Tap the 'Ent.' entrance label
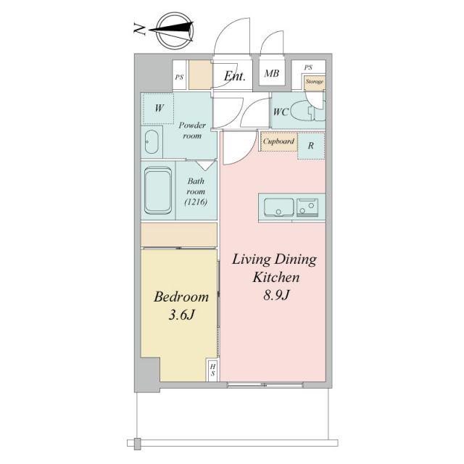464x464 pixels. click(x=235, y=76)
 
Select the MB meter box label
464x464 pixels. click(x=272, y=73)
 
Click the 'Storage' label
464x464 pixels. click(x=315, y=81)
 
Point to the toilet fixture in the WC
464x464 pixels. click(x=307, y=112)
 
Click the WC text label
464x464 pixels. click(x=281, y=112)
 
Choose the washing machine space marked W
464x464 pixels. click(x=159, y=108)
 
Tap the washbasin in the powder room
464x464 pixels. click(x=152, y=142)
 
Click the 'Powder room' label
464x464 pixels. click(x=192, y=130)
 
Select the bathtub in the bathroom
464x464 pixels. click(x=158, y=190)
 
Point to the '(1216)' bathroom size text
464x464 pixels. click(x=196, y=202)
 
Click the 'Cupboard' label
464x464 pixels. click(x=278, y=141)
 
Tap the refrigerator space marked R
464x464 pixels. click(x=311, y=146)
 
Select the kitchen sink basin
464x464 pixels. click(x=278, y=207)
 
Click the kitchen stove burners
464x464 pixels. click(x=307, y=207)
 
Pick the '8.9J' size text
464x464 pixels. click(x=275, y=295)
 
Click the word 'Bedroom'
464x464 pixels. click(x=181, y=297)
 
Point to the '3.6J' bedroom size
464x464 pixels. click(x=181, y=315)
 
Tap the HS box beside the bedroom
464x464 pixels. click(x=212, y=370)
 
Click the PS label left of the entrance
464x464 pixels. click(x=179, y=78)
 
